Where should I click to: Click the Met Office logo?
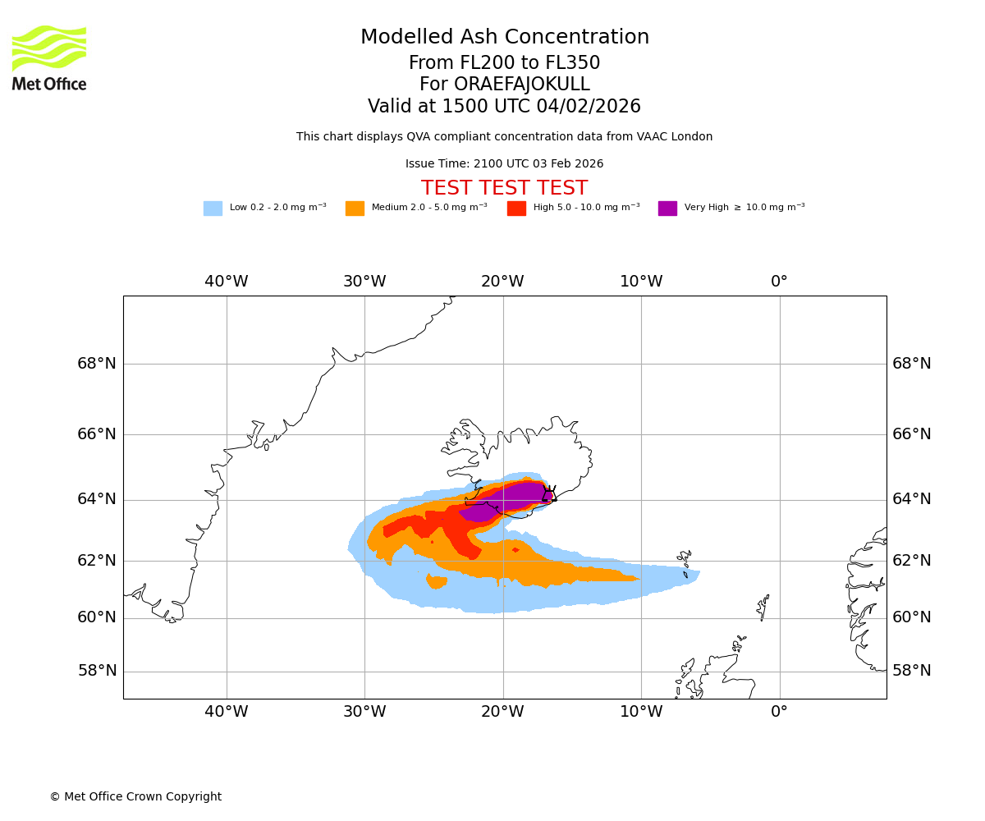coord(49,57)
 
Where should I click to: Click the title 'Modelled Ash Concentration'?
coord(504,38)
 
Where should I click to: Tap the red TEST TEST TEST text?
coord(504,189)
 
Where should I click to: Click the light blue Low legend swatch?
coord(213,209)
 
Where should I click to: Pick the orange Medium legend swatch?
coord(355,209)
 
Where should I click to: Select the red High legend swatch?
coord(516,209)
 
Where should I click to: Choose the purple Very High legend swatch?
coord(667,209)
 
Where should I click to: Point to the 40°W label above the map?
coord(227,282)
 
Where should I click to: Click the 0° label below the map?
coord(779,712)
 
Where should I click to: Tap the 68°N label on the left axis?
coord(97,364)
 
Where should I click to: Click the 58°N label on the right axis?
coord(911,671)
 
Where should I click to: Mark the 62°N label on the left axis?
coord(97,561)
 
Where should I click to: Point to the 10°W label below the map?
coord(641,712)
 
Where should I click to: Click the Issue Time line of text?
coord(504,164)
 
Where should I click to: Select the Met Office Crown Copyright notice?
coord(135,797)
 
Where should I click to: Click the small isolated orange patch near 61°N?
coord(436,581)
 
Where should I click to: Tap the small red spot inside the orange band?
coord(515,549)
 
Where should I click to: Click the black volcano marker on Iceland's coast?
coord(548,494)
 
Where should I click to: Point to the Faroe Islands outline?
coord(684,562)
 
